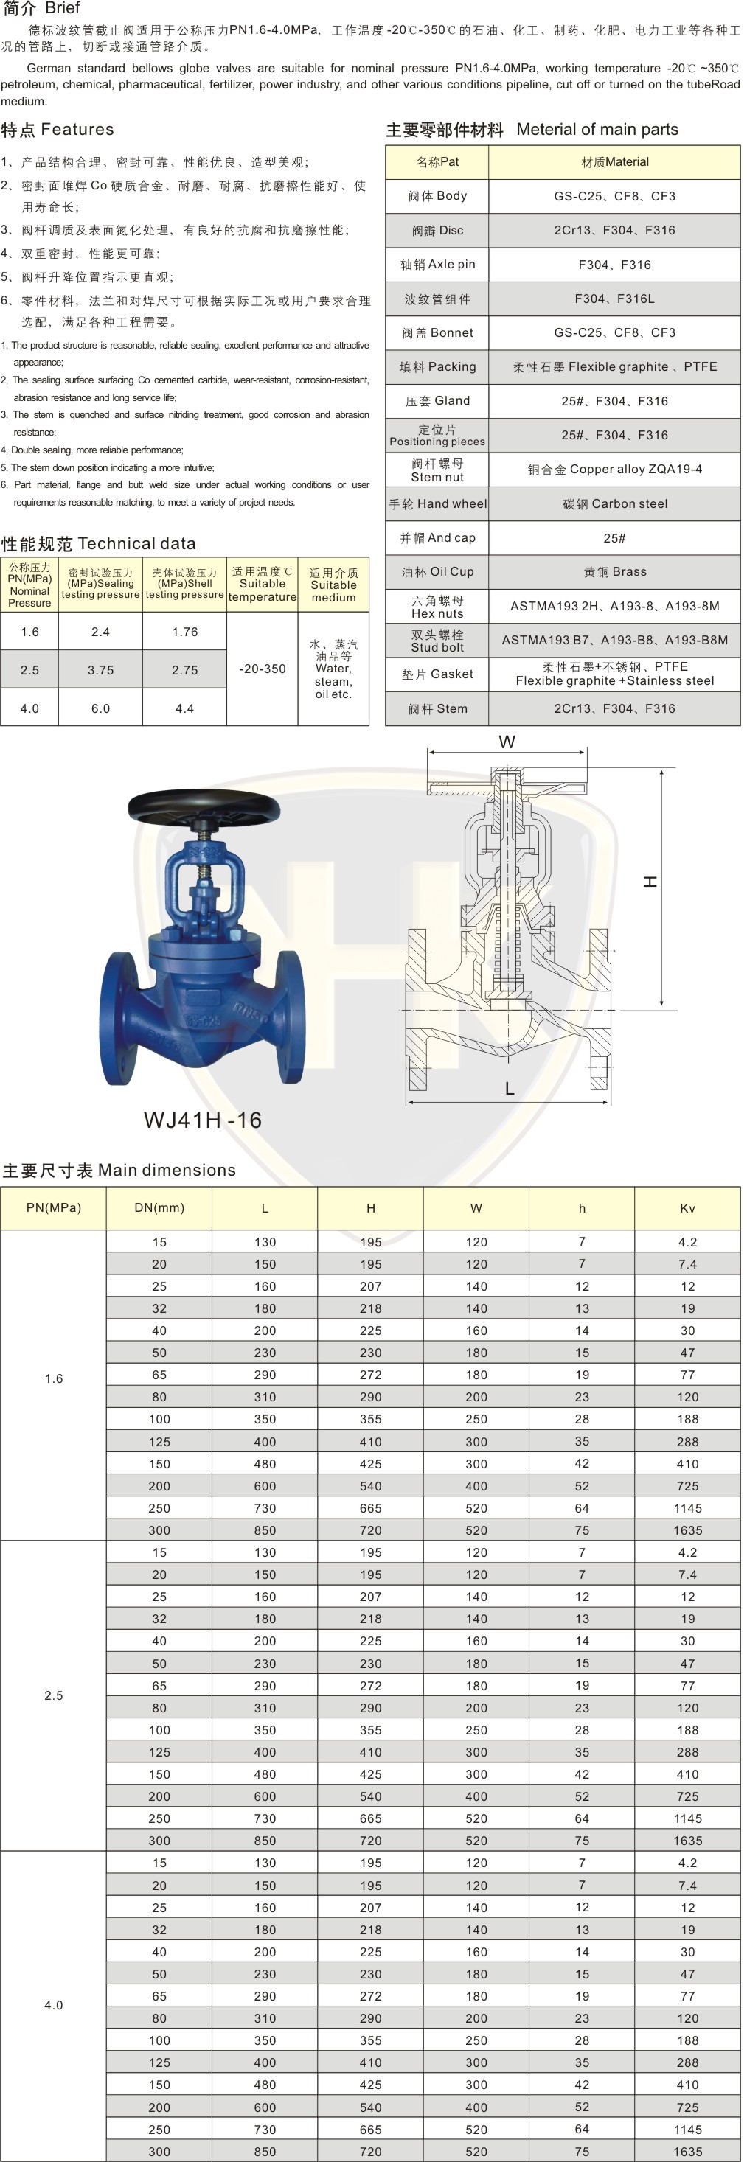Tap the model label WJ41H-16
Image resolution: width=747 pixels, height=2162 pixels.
[x=203, y=1120]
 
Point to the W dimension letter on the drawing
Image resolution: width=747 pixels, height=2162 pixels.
[x=507, y=742]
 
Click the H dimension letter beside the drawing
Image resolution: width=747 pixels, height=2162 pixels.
[x=650, y=882]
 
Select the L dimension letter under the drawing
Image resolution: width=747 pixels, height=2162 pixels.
[x=510, y=1089]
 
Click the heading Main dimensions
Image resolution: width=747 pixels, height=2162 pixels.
[x=119, y=1170]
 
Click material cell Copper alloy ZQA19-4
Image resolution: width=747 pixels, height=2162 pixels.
[x=614, y=469]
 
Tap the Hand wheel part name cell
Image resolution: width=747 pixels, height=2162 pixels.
[x=437, y=503]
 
